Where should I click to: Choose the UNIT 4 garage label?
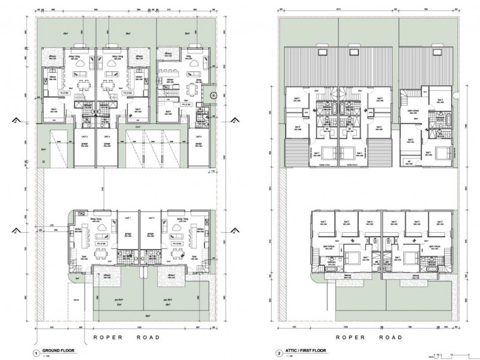click(109, 137)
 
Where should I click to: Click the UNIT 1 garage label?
click(127, 217)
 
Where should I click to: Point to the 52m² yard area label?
click(188, 34)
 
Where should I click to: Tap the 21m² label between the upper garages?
click(137, 127)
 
